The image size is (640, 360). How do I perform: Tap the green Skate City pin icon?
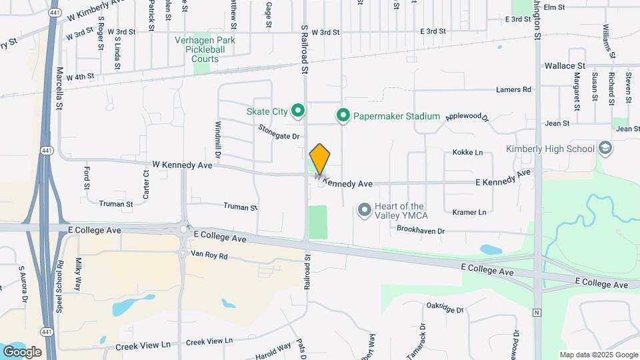(299, 111)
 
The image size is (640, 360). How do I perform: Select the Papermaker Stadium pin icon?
(343, 116)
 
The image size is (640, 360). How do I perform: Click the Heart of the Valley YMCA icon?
(365, 211)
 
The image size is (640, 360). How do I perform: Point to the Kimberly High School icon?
(605, 148)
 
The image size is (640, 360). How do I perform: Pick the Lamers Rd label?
(513, 89)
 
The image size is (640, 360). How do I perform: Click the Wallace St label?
(565, 66)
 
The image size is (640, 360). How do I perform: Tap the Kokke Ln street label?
(467, 153)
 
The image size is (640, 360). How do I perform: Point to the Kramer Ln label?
(469, 212)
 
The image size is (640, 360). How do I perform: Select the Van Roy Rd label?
(209, 255)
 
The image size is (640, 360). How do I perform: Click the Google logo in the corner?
(22, 352)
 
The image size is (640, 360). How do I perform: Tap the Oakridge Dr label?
(445, 308)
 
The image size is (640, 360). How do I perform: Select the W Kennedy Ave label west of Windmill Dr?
(182, 163)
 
